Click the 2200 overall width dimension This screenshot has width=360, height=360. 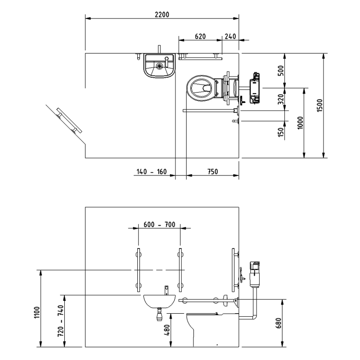coord(162,15)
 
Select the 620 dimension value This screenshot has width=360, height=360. coord(200,36)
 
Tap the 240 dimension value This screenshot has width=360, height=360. coord(230,36)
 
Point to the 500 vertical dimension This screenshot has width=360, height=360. coord(281,71)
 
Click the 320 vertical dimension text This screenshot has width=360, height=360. coord(281,99)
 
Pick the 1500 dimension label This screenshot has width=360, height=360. coord(319,105)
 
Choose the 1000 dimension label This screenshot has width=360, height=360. coord(300,123)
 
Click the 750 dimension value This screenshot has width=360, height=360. coord(212,172)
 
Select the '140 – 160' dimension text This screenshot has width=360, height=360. coord(152,172)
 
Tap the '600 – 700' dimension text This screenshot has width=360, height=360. coord(159,225)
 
